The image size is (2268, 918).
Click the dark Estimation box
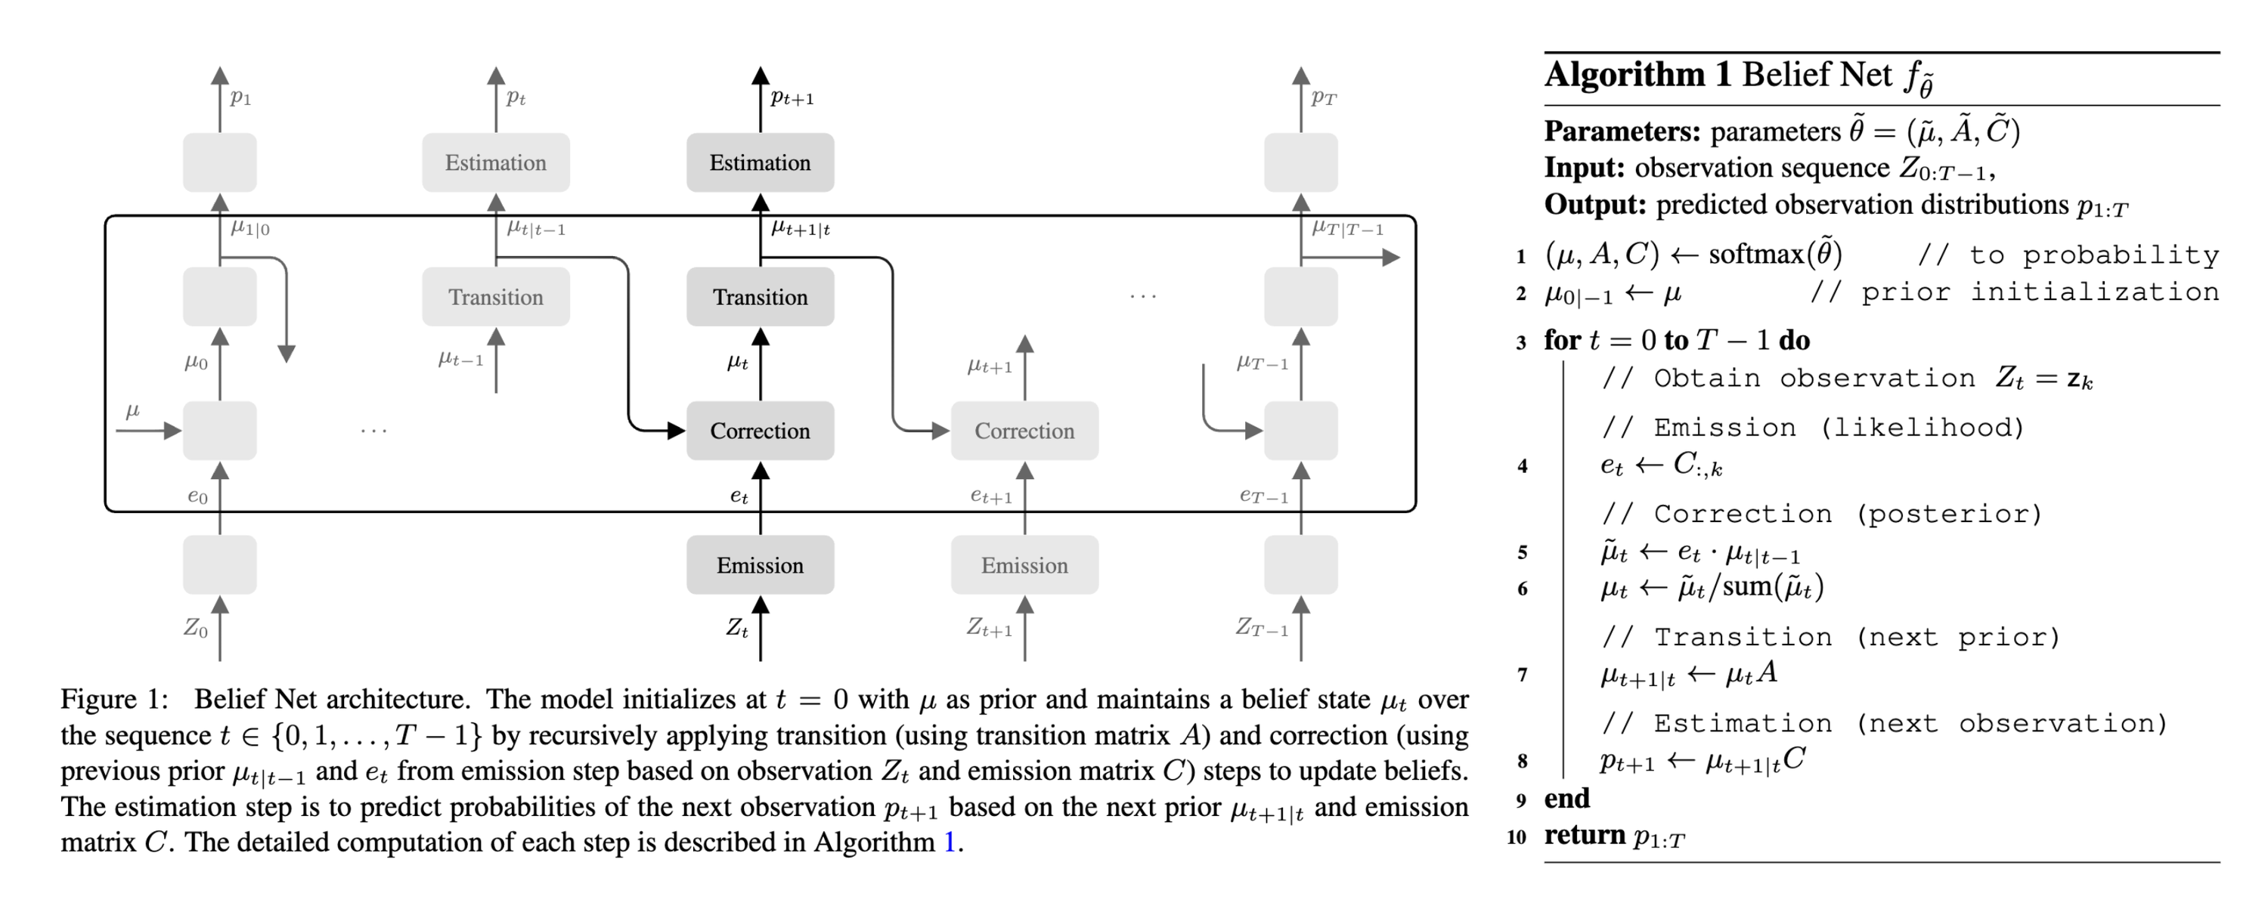coord(760,163)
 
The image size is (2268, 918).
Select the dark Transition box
coord(760,298)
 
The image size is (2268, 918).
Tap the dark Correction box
coord(760,431)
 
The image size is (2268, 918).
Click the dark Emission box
coord(760,565)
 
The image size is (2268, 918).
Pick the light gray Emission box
coord(1024,565)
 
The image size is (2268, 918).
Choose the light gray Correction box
coord(1024,431)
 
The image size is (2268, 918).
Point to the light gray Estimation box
coord(496,163)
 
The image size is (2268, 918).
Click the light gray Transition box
coord(496,298)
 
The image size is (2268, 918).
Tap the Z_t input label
coord(737,629)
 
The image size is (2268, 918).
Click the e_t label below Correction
coord(739,496)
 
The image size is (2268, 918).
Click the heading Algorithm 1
coord(1637,75)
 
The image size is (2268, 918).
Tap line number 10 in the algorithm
coord(1516,836)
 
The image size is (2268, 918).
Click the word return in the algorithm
coord(1585,834)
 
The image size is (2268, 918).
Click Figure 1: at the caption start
coord(113,700)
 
